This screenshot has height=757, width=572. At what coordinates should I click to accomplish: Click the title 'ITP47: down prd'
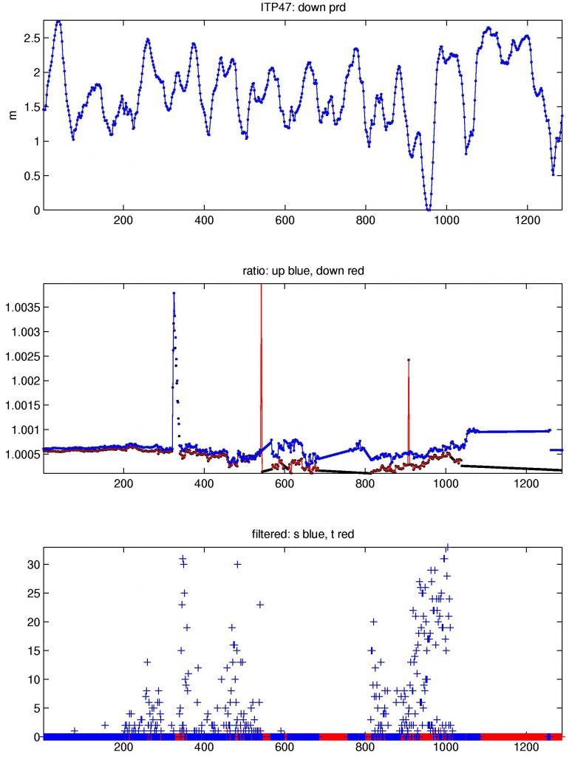point(302,7)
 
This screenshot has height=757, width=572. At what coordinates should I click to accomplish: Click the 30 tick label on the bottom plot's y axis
point(33,564)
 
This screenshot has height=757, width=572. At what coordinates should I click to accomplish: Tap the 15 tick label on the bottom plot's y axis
point(33,651)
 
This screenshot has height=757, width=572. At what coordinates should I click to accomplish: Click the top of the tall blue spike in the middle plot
point(174,293)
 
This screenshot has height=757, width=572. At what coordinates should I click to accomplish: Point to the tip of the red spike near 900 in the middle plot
point(409,360)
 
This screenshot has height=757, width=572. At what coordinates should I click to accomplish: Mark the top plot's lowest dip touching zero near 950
point(428,209)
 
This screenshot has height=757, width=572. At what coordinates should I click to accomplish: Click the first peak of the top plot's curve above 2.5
point(59,21)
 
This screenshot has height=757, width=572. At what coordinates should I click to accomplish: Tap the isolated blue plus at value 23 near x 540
point(260,605)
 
